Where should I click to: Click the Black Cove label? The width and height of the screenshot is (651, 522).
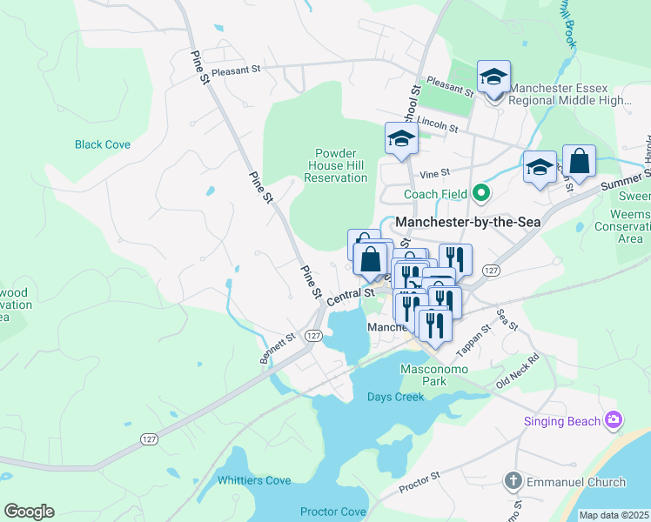[x=102, y=144]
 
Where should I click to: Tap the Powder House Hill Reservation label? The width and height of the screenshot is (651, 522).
[x=335, y=165]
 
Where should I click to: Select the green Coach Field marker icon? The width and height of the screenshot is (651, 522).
[x=480, y=193]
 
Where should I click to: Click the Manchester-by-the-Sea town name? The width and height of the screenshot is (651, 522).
[x=468, y=223]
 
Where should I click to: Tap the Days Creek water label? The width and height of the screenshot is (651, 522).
[x=395, y=397]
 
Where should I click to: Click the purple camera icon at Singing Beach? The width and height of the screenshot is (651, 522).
[x=614, y=421]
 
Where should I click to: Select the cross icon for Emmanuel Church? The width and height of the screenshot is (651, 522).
[x=513, y=481]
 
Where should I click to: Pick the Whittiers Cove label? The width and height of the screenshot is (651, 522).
[x=254, y=480]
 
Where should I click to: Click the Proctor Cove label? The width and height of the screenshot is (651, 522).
[x=332, y=512]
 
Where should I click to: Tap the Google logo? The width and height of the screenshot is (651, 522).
[x=29, y=512]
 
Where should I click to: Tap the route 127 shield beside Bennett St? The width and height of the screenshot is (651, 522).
[x=314, y=336]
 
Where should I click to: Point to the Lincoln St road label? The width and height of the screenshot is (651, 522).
[x=437, y=124]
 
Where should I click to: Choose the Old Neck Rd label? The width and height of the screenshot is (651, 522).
[x=518, y=371]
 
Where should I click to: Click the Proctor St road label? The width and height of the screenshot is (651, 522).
[x=421, y=483]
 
